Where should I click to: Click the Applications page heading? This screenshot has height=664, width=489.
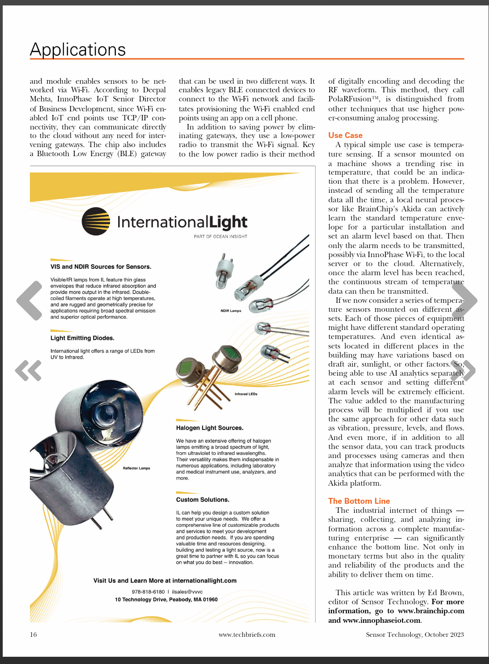tap(78, 49)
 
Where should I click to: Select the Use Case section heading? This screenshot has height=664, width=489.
tap(345, 135)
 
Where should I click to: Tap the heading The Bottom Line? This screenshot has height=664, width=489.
tap(359, 501)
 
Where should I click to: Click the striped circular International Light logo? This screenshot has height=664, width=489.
tap(96, 221)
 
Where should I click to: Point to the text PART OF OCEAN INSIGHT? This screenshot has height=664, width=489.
tap(221, 236)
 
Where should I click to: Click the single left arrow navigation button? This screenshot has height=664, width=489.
tap(30, 300)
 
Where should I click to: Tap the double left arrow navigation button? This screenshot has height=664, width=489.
tap(29, 370)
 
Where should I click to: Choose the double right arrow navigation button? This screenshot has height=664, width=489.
tap(463, 370)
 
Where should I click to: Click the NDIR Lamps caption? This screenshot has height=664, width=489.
tap(231, 311)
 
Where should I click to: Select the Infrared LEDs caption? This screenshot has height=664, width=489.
tap(246, 394)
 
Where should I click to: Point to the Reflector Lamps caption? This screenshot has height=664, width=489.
tap(136, 468)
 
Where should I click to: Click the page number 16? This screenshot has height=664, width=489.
tap(34, 635)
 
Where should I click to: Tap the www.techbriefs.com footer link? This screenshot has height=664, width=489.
tap(247, 635)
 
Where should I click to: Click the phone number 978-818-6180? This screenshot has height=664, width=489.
tap(148, 592)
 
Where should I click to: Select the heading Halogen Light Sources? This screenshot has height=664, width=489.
tap(210, 428)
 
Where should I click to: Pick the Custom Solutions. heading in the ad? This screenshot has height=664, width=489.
tap(202, 500)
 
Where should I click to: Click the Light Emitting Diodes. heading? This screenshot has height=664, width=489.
tap(82, 338)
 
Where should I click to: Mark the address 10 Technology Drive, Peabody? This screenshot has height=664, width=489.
tap(166, 599)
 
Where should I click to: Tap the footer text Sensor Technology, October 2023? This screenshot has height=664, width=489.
tap(415, 635)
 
